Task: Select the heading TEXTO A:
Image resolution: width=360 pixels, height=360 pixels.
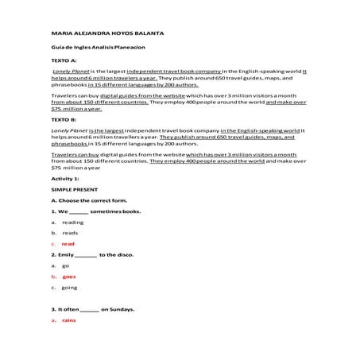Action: point(64,60)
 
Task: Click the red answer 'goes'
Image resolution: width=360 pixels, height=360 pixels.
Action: point(69,276)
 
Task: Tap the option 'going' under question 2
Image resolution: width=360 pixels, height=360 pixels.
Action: point(69,287)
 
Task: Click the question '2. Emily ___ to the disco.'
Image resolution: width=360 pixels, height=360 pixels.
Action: point(89,254)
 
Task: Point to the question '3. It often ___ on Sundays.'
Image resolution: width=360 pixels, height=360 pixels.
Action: point(92,308)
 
